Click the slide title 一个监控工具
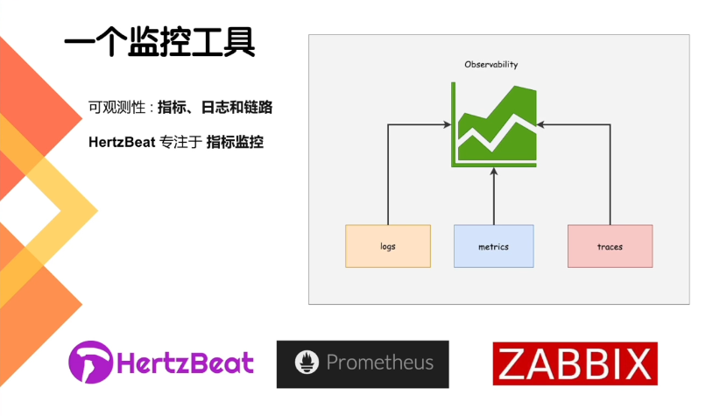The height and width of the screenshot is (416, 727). pyautogui.click(x=159, y=42)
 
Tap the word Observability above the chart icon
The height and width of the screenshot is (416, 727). pyautogui.click(x=491, y=65)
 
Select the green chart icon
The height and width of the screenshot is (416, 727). pyautogui.click(x=494, y=124)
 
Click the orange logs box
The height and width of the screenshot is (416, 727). pyautogui.click(x=388, y=246)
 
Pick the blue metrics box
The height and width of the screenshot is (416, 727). pyautogui.click(x=493, y=246)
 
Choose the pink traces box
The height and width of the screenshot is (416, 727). pyautogui.click(x=610, y=246)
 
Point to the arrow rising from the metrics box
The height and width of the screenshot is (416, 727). pyautogui.click(x=494, y=197)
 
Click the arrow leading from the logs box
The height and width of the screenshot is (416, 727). pyautogui.click(x=388, y=175)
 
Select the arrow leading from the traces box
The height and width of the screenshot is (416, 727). pyautogui.click(x=610, y=175)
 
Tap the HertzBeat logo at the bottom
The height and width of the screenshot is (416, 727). pyautogui.click(x=161, y=363)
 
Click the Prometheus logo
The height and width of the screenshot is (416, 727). pyautogui.click(x=363, y=363)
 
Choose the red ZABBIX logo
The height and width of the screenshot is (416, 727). pyautogui.click(x=575, y=363)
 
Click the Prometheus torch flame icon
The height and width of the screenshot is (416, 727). pyautogui.click(x=306, y=363)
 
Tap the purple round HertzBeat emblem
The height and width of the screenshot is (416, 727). pyautogui.click(x=92, y=363)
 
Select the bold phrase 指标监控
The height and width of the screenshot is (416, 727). pyautogui.click(x=235, y=141)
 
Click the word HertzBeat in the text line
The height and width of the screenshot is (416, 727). pyautogui.click(x=121, y=141)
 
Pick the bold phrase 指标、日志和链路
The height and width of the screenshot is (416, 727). pyautogui.click(x=215, y=109)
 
